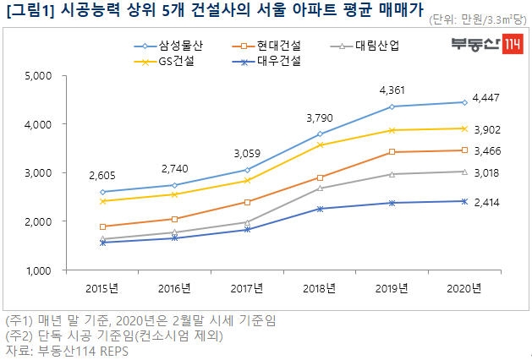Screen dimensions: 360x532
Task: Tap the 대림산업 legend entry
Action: (376, 46)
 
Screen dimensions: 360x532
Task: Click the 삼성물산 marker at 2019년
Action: (392, 106)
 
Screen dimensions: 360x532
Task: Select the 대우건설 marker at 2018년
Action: (320, 209)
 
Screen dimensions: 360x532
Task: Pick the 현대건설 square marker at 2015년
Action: (103, 226)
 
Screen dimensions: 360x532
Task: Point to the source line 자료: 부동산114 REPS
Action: (69, 348)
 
